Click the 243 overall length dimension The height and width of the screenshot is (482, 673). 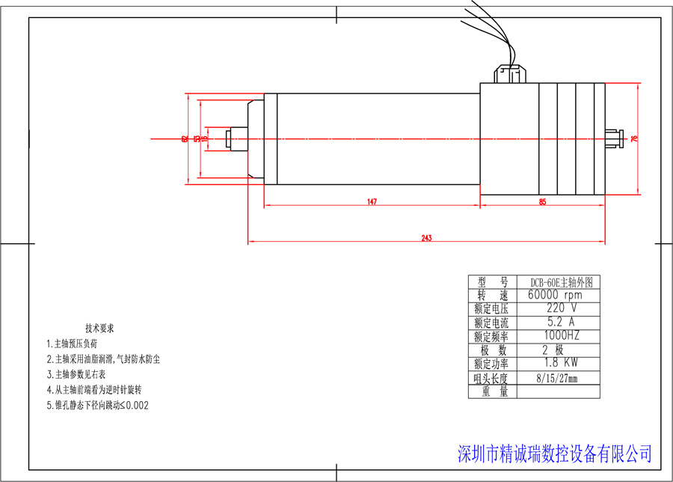pos(426,238)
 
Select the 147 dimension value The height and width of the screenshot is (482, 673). pos(371,201)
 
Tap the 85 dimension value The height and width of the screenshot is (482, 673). pos(542,201)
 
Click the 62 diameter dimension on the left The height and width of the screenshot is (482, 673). pos(185,138)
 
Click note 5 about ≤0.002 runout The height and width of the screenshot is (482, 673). pos(98,406)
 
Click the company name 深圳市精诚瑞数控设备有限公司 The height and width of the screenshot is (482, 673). pos(553,454)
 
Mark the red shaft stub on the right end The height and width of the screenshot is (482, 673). pos(613,138)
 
